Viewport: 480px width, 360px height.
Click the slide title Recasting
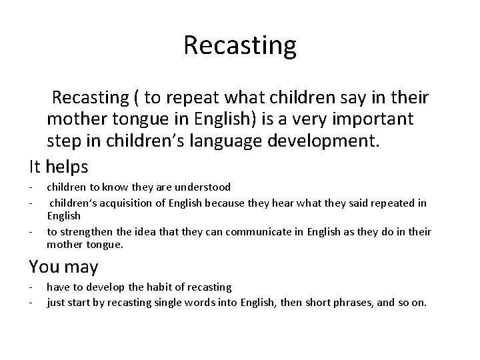point(239,46)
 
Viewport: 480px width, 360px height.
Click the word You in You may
point(41,267)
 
